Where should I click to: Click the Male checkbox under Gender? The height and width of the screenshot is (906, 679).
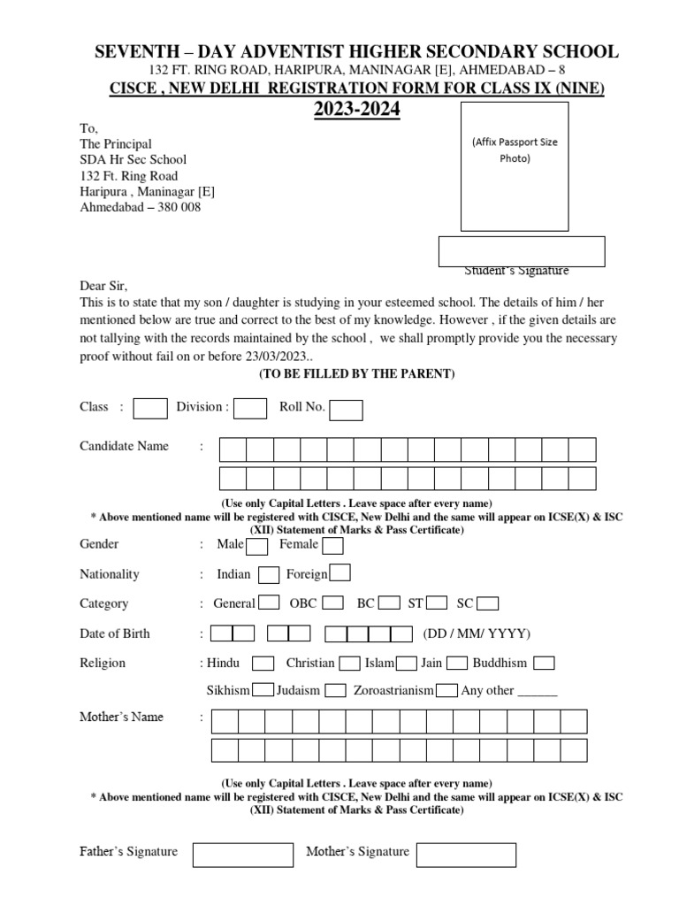[256, 545]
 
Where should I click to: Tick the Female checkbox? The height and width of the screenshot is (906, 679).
[333, 545]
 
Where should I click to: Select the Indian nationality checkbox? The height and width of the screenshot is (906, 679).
[269, 575]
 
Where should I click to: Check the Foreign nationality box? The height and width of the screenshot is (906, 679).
[339, 574]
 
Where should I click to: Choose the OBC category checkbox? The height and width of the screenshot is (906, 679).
[332, 604]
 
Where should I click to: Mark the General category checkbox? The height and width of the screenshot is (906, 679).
[268, 604]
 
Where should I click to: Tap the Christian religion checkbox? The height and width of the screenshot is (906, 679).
[349, 664]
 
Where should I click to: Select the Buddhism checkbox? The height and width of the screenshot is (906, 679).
[545, 664]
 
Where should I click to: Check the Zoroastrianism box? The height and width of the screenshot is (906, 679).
[446, 691]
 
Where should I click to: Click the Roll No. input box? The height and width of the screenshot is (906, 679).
[346, 409]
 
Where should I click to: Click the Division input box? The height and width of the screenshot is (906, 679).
[250, 408]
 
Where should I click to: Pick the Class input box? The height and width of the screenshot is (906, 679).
[150, 408]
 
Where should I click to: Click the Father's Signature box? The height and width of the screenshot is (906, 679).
[242, 855]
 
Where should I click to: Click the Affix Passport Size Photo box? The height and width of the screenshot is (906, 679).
[515, 166]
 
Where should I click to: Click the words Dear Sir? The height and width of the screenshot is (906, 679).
[103, 287]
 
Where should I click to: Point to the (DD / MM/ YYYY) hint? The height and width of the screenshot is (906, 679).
[477, 633]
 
